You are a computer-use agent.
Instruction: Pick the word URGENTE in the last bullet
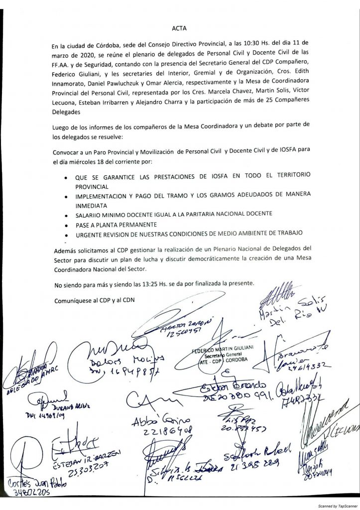click(90, 235)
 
